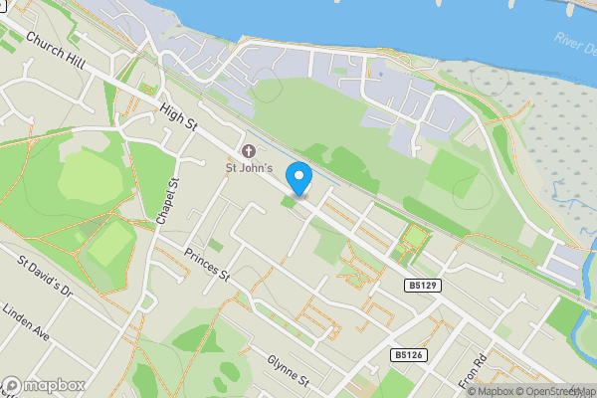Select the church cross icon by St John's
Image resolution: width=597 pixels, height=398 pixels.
point(248,151)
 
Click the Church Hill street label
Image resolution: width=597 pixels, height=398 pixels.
point(56,53)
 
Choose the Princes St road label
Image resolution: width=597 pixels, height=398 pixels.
point(207,263)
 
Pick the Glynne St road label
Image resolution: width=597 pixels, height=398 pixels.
point(289,371)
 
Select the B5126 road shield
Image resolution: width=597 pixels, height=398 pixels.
point(406,354)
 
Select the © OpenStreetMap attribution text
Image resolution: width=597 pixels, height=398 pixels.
point(553,391)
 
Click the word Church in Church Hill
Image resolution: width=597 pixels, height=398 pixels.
point(46,46)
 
